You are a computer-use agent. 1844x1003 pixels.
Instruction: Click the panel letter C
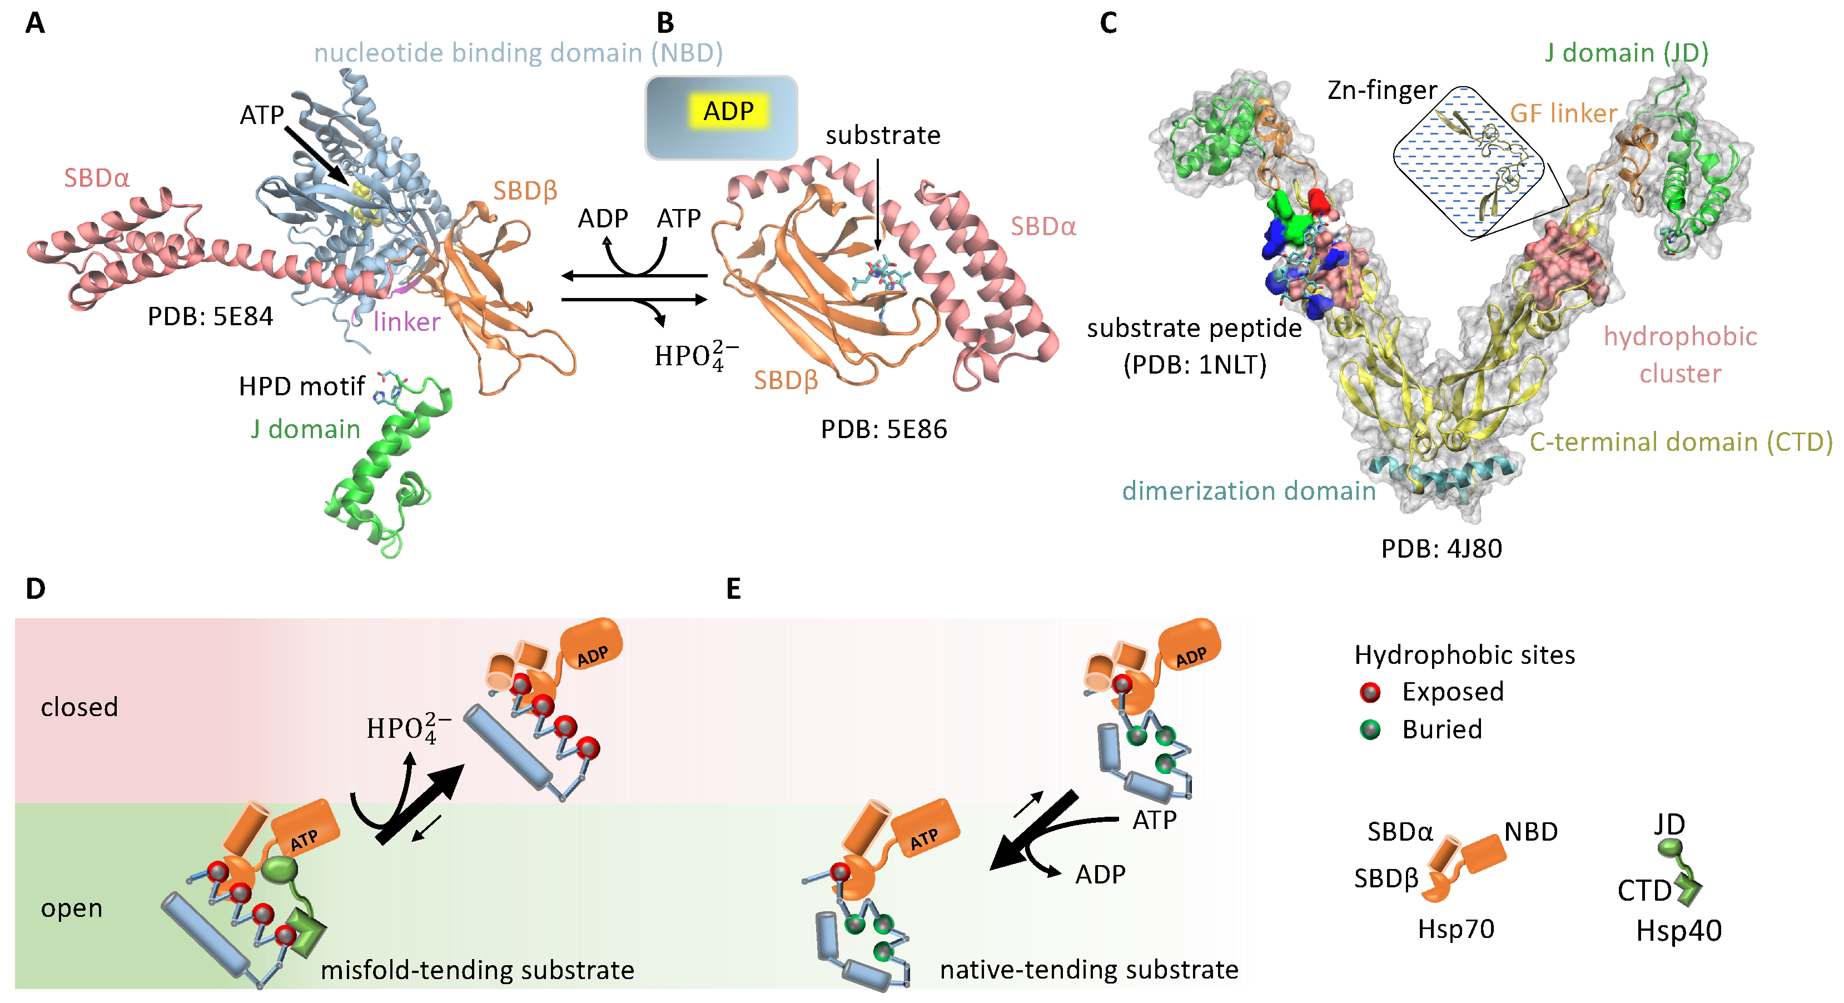coord(1107,23)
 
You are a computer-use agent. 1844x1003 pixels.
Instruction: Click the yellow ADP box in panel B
coord(728,112)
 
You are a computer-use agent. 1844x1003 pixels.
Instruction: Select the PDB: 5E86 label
coord(883,429)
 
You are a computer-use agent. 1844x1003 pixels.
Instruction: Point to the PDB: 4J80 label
coord(1440,548)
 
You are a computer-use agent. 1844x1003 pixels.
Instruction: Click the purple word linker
coord(406,322)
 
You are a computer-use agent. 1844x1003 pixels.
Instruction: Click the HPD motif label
coord(301,386)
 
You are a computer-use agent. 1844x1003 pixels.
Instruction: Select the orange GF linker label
coord(1563,113)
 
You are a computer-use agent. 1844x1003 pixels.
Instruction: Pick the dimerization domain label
coord(1249,491)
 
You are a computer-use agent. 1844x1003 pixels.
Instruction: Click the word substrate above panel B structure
coord(883,135)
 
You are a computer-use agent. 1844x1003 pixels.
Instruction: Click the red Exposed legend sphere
coord(1369,692)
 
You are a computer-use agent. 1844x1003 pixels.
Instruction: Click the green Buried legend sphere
coord(1369,729)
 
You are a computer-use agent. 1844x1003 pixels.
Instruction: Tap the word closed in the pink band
coord(79,707)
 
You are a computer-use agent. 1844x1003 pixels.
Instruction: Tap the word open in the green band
coord(72,908)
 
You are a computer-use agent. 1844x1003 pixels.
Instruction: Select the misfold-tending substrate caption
coord(477,970)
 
